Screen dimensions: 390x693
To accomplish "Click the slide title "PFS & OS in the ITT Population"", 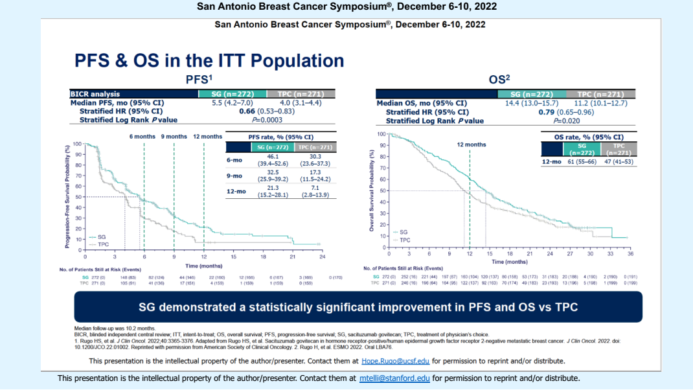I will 209,61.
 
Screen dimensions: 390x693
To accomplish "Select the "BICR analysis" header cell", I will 95,95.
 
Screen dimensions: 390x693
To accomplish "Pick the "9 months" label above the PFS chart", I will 174,137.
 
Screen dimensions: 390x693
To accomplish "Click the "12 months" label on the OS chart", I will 471,144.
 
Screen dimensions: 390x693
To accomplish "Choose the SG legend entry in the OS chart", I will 403,232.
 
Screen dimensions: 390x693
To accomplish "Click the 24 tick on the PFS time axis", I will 322,257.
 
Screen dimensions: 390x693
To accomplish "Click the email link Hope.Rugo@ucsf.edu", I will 394,361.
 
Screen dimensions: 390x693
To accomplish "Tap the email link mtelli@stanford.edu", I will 394,378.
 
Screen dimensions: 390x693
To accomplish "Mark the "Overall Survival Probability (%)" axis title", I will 372,191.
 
